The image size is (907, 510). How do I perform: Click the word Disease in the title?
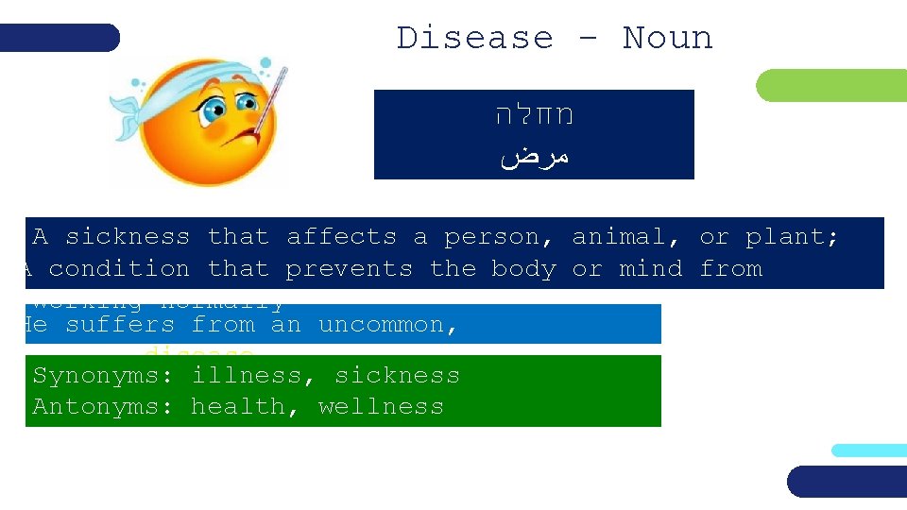coord(474,38)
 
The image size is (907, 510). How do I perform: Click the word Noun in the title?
coord(667,38)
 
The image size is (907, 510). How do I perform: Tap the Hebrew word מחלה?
coord(535,116)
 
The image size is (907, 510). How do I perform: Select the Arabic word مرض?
coord(535,156)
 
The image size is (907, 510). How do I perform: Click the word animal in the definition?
coord(626,237)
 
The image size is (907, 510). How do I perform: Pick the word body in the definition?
coord(523,269)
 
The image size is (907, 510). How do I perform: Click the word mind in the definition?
coord(650,269)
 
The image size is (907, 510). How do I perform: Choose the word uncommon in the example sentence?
coord(387,325)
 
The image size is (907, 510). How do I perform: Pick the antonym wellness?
coord(381,407)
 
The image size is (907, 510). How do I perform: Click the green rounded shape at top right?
coord(831,85)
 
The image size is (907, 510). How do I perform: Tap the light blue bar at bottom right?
coord(869,450)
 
